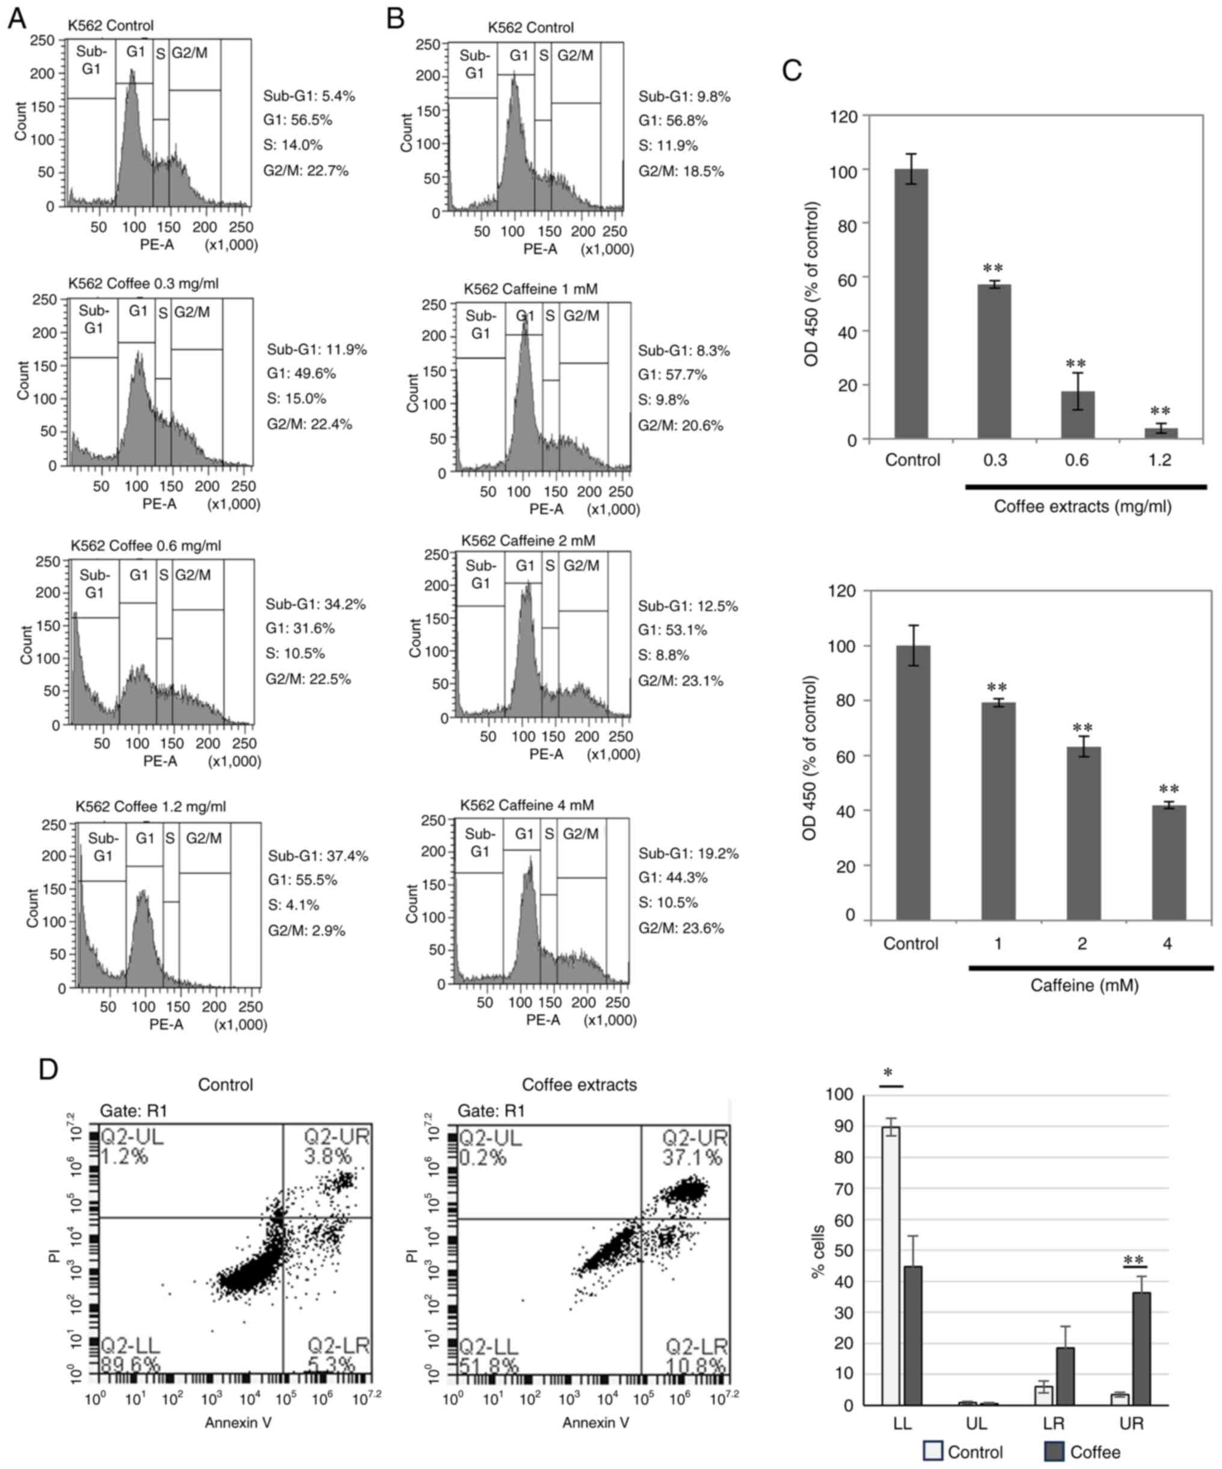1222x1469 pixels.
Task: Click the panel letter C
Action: [791, 70]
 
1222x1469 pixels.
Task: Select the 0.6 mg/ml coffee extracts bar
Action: [1077, 415]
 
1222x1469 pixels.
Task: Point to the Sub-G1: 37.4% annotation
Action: [318, 855]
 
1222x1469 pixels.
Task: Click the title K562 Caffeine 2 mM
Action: [528, 541]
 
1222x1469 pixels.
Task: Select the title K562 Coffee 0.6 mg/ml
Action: [146, 546]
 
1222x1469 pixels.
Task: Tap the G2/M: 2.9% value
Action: [306, 931]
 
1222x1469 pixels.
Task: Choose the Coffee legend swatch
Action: [1054, 1451]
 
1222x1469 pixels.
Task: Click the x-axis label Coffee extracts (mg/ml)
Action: [1082, 506]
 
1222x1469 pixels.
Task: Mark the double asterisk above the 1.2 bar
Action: [1159, 411]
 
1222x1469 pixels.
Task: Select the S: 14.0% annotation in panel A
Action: [293, 146]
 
